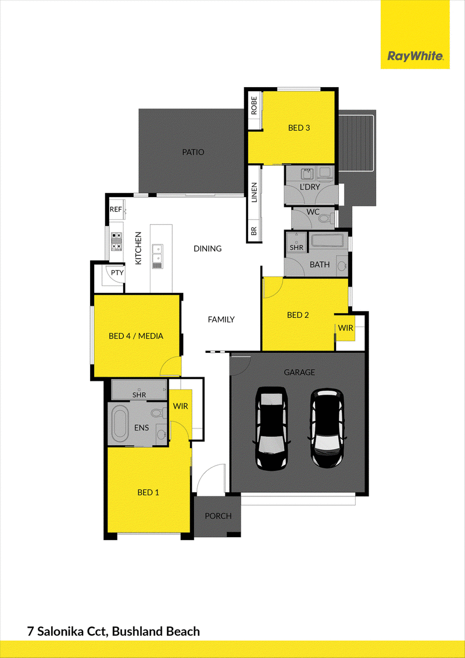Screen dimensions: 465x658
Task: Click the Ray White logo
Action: [415, 56]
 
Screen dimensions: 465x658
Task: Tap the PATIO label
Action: [193, 152]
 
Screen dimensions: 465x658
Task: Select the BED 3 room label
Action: [299, 127]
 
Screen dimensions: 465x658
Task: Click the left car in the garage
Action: [272, 427]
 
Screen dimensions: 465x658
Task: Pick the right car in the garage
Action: [328, 428]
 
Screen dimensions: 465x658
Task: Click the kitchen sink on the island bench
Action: [158, 256]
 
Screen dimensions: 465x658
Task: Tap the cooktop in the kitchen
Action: [116, 242]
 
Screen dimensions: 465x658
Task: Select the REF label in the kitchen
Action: [116, 209]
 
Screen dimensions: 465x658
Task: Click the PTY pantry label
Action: [117, 273]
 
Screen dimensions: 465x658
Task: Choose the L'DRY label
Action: [310, 187]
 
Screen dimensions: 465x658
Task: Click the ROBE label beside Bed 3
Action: [253, 105]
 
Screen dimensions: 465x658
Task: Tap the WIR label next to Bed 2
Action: [346, 328]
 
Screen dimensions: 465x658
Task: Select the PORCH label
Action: [218, 516]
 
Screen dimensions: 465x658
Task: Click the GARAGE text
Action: [299, 372]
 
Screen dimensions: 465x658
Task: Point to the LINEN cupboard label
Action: [254, 192]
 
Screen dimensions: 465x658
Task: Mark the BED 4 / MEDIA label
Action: [135, 336]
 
